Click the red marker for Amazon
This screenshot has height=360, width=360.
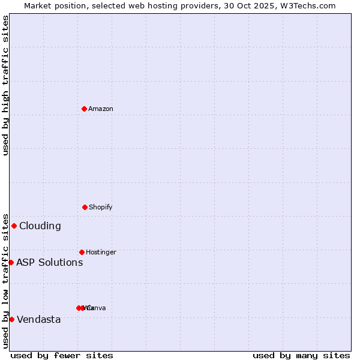pos(84,109)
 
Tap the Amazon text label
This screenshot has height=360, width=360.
pos(100,109)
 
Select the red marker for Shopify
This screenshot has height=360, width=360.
pos(85,207)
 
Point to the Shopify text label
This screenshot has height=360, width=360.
pos(100,207)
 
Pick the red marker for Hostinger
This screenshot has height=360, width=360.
pos(82,252)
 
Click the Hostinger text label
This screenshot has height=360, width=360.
pos(101,252)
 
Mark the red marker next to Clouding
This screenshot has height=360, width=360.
pos(14,226)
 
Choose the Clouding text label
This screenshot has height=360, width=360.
pos(40,226)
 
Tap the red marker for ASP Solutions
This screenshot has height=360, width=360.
pos(11,262)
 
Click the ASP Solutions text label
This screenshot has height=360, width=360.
pos(49,262)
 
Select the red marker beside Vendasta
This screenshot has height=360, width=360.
pos(11,319)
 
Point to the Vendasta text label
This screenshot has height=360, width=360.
pos(38,319)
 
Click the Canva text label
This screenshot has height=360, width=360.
pos(97,308)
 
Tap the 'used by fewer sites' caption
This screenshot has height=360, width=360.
pos(62,355)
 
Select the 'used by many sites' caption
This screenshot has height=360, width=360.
pos(301,355)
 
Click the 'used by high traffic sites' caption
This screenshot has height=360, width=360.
pos(5,85)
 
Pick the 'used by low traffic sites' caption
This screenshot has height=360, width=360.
pos(5,281)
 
